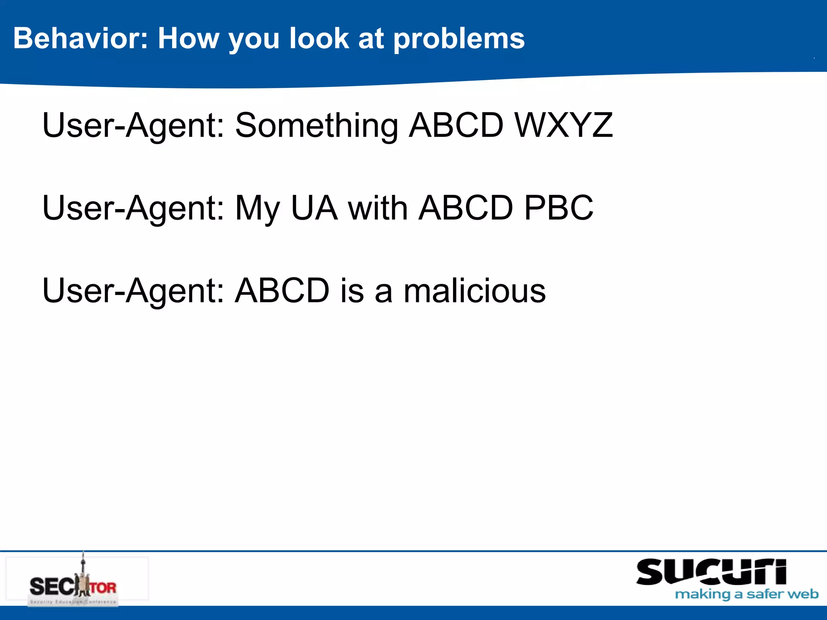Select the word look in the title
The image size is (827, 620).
tap(319, 38)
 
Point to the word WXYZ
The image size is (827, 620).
tap(564, 125)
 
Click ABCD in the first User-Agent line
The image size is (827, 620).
tap(456, 125)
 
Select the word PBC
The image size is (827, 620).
tap(558, 208)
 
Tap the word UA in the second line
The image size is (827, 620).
tap(314, 208)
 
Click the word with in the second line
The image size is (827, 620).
tap(378, 208)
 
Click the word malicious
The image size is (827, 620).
tap(474, 291)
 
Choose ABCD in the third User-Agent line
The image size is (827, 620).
tap(282, 291)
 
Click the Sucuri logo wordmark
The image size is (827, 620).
tap(711, 572)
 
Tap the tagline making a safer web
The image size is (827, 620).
tap(747, 594)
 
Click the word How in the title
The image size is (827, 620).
tap(188, 38)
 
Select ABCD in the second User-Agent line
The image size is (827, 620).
tap(466, 208)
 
